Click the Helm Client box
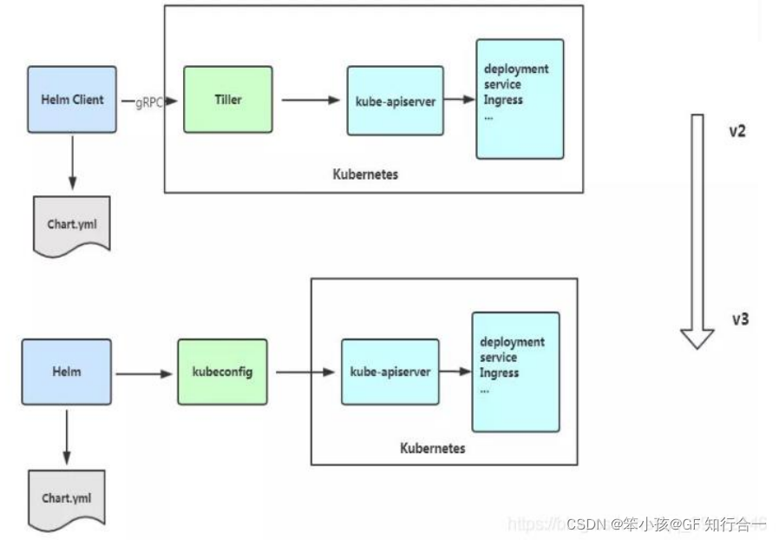click(x=71, y=99)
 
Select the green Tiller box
click(x=227, y=99)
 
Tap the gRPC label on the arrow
click(x=149, y=102)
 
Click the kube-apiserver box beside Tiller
click(x=395, y=100)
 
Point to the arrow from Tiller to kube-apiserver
click(x=310, y=100)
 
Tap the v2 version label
click(x=737, y=132)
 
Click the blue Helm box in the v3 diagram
click(x=67, y=371)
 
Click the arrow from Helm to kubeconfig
click(x=144, y=373)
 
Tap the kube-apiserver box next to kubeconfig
click(x=389, y=372)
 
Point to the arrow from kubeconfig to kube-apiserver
click(x=304, y=372)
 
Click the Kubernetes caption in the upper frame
click(x=365, y=174)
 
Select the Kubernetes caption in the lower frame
click(x=432, y=448)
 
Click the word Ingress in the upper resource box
click(x=503, y=100)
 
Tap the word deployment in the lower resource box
click(x=512, y=342)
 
